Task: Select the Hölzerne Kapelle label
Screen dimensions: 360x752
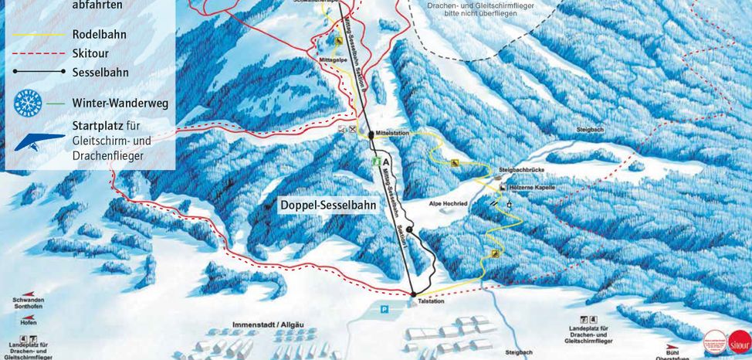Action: (x=533, y=188)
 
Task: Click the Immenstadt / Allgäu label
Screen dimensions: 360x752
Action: (x=266, y=325)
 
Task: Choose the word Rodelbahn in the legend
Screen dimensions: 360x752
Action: (x=100, y=35)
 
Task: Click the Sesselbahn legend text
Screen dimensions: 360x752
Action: (x=100, y=73)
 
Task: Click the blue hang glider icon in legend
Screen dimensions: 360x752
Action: (x=39, y=141)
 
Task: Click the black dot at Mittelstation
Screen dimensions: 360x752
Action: (x=371, y=134)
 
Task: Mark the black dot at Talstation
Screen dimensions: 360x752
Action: (x=413, y=294)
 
